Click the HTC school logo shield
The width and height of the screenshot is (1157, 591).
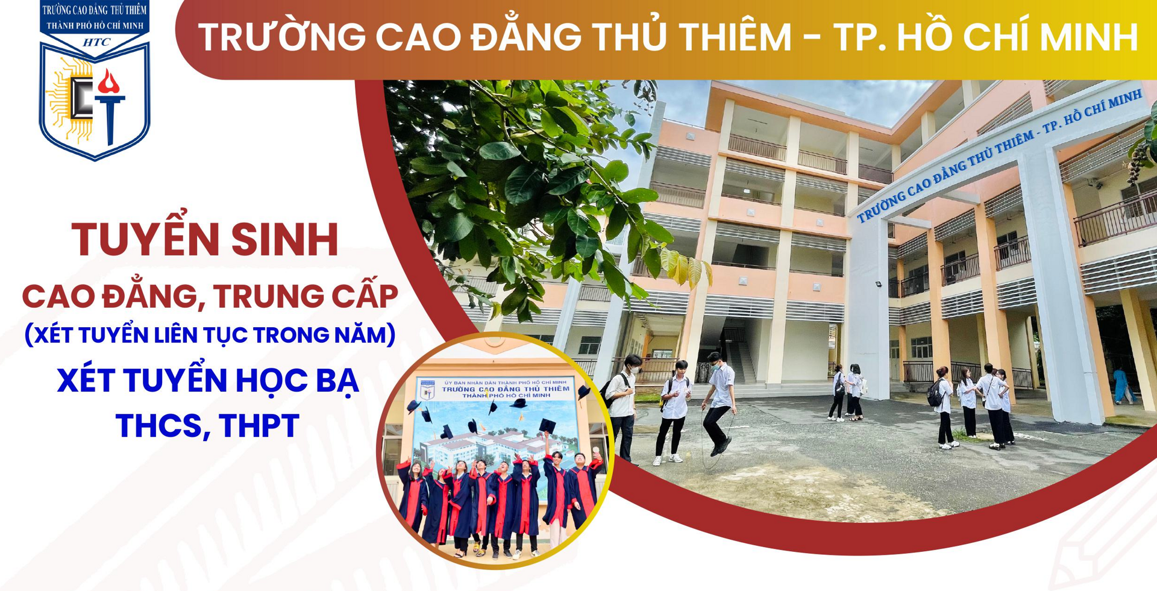pos(95,81)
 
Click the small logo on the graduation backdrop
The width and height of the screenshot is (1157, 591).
pos(427,390)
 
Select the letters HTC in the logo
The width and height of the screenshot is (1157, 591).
pos(96,42)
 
